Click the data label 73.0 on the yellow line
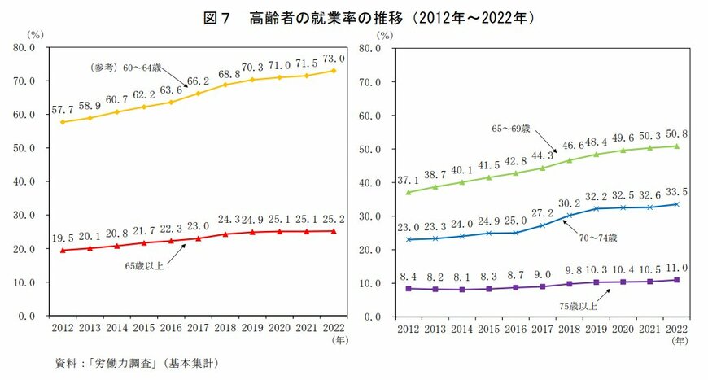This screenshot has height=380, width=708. [x=334, y=59]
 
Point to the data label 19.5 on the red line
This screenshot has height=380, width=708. [x=63, y=238]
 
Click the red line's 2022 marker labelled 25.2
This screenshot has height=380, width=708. [x=334, y=230]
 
